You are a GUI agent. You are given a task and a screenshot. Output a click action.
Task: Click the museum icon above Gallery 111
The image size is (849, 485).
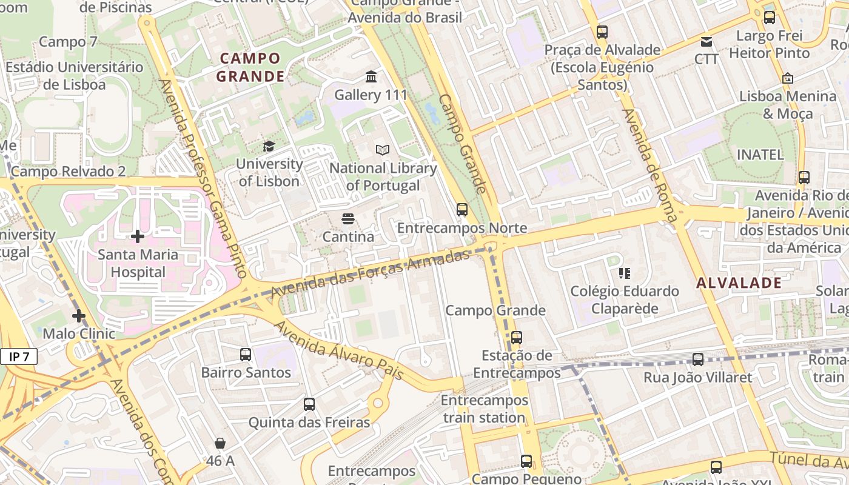pyautogui.click(x=371, y=77)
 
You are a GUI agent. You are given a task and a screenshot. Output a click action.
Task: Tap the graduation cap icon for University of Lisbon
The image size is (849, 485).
pyautogui.click(x=268, y=146)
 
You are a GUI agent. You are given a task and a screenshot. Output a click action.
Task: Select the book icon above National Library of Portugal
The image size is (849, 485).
pyautogui.click(x=382, y=150)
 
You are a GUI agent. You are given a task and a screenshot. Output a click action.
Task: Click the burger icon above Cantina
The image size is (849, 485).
pyautogui.click(x=347, y=218)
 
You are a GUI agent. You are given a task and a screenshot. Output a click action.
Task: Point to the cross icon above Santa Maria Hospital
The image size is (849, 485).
pyautogui.click(x=138, y=236)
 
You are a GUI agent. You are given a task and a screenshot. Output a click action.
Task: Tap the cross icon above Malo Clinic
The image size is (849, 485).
pyautogui.click(x=79, y=315)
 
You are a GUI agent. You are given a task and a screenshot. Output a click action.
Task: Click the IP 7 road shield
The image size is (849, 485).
pyautogui.click(x=19, y=356)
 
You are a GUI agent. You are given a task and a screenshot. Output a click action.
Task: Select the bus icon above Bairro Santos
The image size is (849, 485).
pyautogui.click(x=246, y=355)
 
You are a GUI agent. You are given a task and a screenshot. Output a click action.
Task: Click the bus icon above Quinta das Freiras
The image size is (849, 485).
pyautogui.click(x=309, y=404)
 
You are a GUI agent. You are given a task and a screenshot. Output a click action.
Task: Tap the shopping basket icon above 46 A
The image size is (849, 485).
pyautogui.click(x=220, y=443)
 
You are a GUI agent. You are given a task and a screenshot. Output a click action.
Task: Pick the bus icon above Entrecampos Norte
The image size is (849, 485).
pyautogui.click(x=462, y=210)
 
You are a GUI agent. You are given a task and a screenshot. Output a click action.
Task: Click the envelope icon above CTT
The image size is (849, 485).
pyautogui.click(x=706, y=41)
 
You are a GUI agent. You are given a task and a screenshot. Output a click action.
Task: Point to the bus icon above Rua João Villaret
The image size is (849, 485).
pyautogui.click(x=698, y=360)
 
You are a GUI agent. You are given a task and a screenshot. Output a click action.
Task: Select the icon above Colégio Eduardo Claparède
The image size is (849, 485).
pyautogui.click(x=625, y=273)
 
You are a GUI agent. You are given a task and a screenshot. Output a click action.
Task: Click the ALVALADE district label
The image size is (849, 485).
pyautogui.click(x=739, y=283)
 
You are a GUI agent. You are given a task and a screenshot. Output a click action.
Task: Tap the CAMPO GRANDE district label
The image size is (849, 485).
pyautogui.click(x=250, y=67)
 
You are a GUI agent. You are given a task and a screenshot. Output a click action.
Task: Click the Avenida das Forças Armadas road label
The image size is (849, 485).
pyautogui.click(x=370, y=273)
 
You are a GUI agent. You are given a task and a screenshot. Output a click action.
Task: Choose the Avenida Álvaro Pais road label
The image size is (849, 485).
pyautogui.click(x=339, y=350)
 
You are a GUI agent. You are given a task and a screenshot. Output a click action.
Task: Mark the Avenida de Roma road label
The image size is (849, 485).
pyautogui.click(x=649, y=164)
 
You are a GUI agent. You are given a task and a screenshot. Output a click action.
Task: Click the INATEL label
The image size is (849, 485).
pyautogui.click(x=760, y=155)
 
